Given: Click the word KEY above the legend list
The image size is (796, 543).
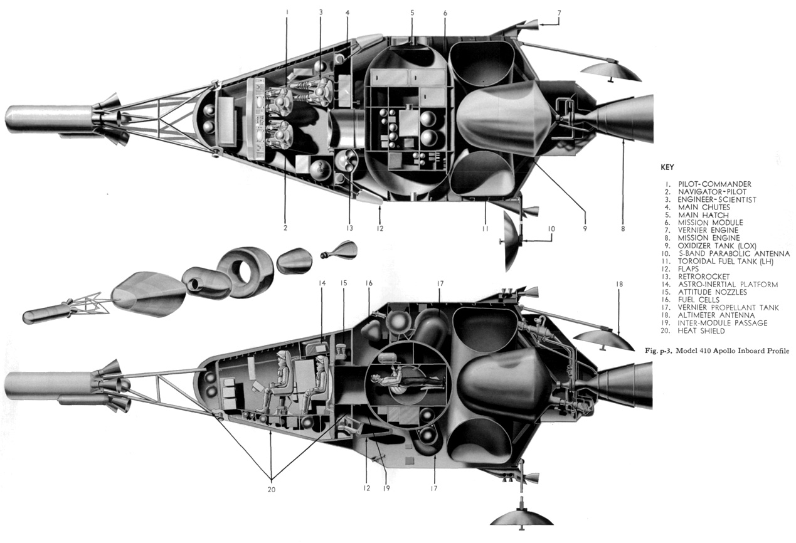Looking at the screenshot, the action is [667, 167].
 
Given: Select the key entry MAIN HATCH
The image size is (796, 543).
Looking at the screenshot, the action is [703, 215].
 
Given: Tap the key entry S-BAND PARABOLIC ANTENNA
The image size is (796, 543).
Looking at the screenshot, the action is [734, 253].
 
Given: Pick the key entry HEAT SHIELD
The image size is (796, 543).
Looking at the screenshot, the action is [701, 331].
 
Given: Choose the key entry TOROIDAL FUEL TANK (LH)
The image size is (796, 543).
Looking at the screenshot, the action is [726, 261].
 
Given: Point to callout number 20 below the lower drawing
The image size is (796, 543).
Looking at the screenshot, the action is [271, 490].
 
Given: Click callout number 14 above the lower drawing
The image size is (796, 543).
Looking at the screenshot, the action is [322, 283].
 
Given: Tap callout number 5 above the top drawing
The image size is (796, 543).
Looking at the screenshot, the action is [412, 13].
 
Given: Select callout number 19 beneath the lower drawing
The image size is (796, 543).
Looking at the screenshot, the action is [386, 488].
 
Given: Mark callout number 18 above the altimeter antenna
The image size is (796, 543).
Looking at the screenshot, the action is [619, 284].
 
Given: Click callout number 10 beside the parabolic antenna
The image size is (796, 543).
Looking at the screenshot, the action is [551, 229].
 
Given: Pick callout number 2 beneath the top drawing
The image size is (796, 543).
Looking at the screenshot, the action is [285, 228].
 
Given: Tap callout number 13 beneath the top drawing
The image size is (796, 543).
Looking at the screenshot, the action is [349, 228].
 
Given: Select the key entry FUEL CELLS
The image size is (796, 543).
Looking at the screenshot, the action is [699, 300].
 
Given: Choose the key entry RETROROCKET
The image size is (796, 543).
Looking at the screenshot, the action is [704, 277].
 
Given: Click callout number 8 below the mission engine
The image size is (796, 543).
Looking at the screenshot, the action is [623, 229].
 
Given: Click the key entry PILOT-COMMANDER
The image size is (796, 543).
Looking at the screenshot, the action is [714, 184].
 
